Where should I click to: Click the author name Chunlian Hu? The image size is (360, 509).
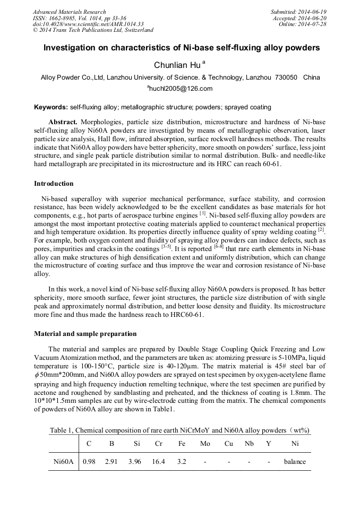point(177,65)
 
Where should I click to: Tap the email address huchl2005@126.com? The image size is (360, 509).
point(180,89)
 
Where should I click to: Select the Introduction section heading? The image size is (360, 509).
point(54,184)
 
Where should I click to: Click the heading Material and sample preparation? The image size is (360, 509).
point(85,334)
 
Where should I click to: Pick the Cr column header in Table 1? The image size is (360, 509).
point(158,443)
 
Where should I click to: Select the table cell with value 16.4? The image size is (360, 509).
point(158,461)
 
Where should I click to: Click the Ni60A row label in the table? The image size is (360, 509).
point(63,461)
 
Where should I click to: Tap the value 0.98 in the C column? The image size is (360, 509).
point(89,461)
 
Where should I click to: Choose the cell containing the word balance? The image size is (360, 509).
point(295,461)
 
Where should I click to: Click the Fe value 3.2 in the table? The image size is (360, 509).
point(182,461)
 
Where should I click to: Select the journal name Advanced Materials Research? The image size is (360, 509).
point(69,12)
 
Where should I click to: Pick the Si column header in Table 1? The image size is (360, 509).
point(134,443)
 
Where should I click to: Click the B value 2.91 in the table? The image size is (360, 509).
point(111,461)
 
